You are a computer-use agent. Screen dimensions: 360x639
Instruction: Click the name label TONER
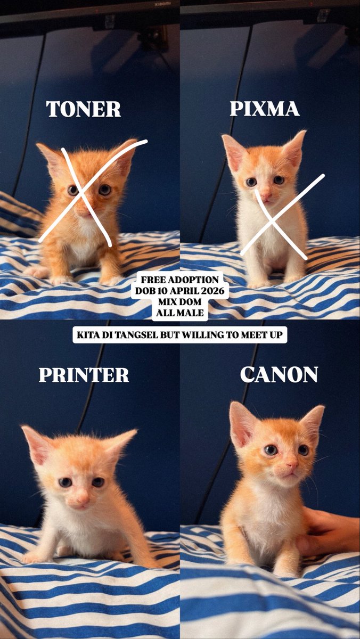(84, 109)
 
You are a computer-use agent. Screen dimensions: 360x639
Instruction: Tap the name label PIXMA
(265, 109)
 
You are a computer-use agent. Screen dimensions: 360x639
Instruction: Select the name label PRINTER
(84, 375)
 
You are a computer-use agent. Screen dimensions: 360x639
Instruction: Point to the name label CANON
(279, 374)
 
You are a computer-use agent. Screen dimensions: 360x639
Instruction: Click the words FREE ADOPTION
(179, 280)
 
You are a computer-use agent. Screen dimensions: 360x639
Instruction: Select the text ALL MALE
(179, 313)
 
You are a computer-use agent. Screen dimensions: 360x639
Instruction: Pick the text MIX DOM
(179, 302)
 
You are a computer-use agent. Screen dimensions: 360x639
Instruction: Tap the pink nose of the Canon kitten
(291, 464)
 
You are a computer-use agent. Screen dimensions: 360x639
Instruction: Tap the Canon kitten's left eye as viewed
(271, 450)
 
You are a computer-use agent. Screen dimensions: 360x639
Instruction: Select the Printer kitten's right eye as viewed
(98, 482)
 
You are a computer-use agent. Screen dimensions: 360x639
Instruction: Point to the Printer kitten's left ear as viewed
(36, 444)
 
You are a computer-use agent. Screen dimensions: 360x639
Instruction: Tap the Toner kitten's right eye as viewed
(105, 190)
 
